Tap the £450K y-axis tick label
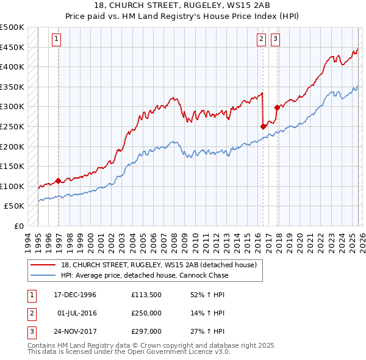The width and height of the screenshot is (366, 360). [13, 47]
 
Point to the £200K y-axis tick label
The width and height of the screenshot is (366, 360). [13, 146]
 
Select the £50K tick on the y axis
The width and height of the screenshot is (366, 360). [15, 206]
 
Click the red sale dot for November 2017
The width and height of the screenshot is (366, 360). [278, 108]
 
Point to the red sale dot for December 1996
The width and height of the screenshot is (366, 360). [59, 181]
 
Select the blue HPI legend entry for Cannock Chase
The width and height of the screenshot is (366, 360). [145, 275]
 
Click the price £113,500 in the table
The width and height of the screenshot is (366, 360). [145, 295]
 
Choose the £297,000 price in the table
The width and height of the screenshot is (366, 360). [145, 333]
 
